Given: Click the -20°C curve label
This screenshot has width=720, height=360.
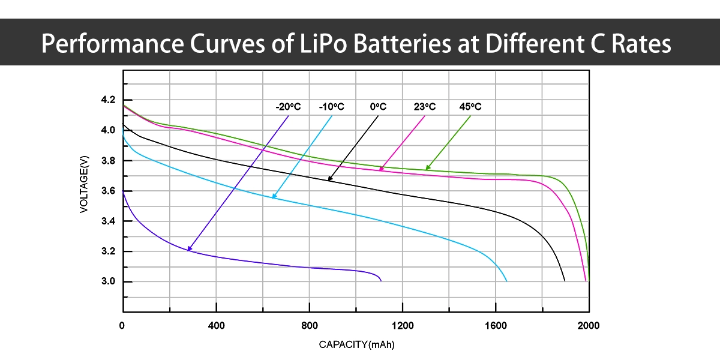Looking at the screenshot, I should coord(288,107).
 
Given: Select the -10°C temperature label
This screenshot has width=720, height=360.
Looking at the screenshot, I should coord(331,107).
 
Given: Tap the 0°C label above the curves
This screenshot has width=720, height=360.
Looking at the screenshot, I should coord(378,107).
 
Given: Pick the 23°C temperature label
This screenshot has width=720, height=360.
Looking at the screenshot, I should coord(424,107).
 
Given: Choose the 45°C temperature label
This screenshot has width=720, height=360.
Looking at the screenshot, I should coord(470,107).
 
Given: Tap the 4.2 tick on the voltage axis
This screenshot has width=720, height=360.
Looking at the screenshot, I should coord(108,100).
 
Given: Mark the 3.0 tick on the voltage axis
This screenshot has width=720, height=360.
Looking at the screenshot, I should coord(108,281).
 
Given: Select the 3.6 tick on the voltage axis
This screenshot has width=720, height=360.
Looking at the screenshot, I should coord(108,191).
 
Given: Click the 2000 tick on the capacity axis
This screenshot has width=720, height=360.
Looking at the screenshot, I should coord(588,325).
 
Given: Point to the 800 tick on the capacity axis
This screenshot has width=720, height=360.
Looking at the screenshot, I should coord(310,325).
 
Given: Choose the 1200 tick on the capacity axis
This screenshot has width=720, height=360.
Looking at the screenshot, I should coord(403,325).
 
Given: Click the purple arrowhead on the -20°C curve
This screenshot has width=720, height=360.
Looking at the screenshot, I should coord(190,248).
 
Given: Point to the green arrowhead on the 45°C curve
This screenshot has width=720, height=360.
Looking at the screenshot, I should coord(428,167).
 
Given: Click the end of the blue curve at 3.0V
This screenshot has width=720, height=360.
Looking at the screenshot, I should coord(506,281).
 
